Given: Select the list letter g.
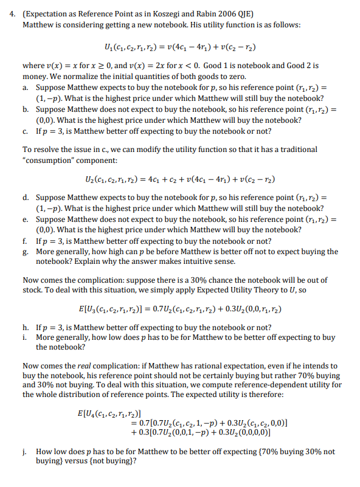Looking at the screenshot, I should click(x=26, y=251).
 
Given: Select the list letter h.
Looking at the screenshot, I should click(x=26, y=326).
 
